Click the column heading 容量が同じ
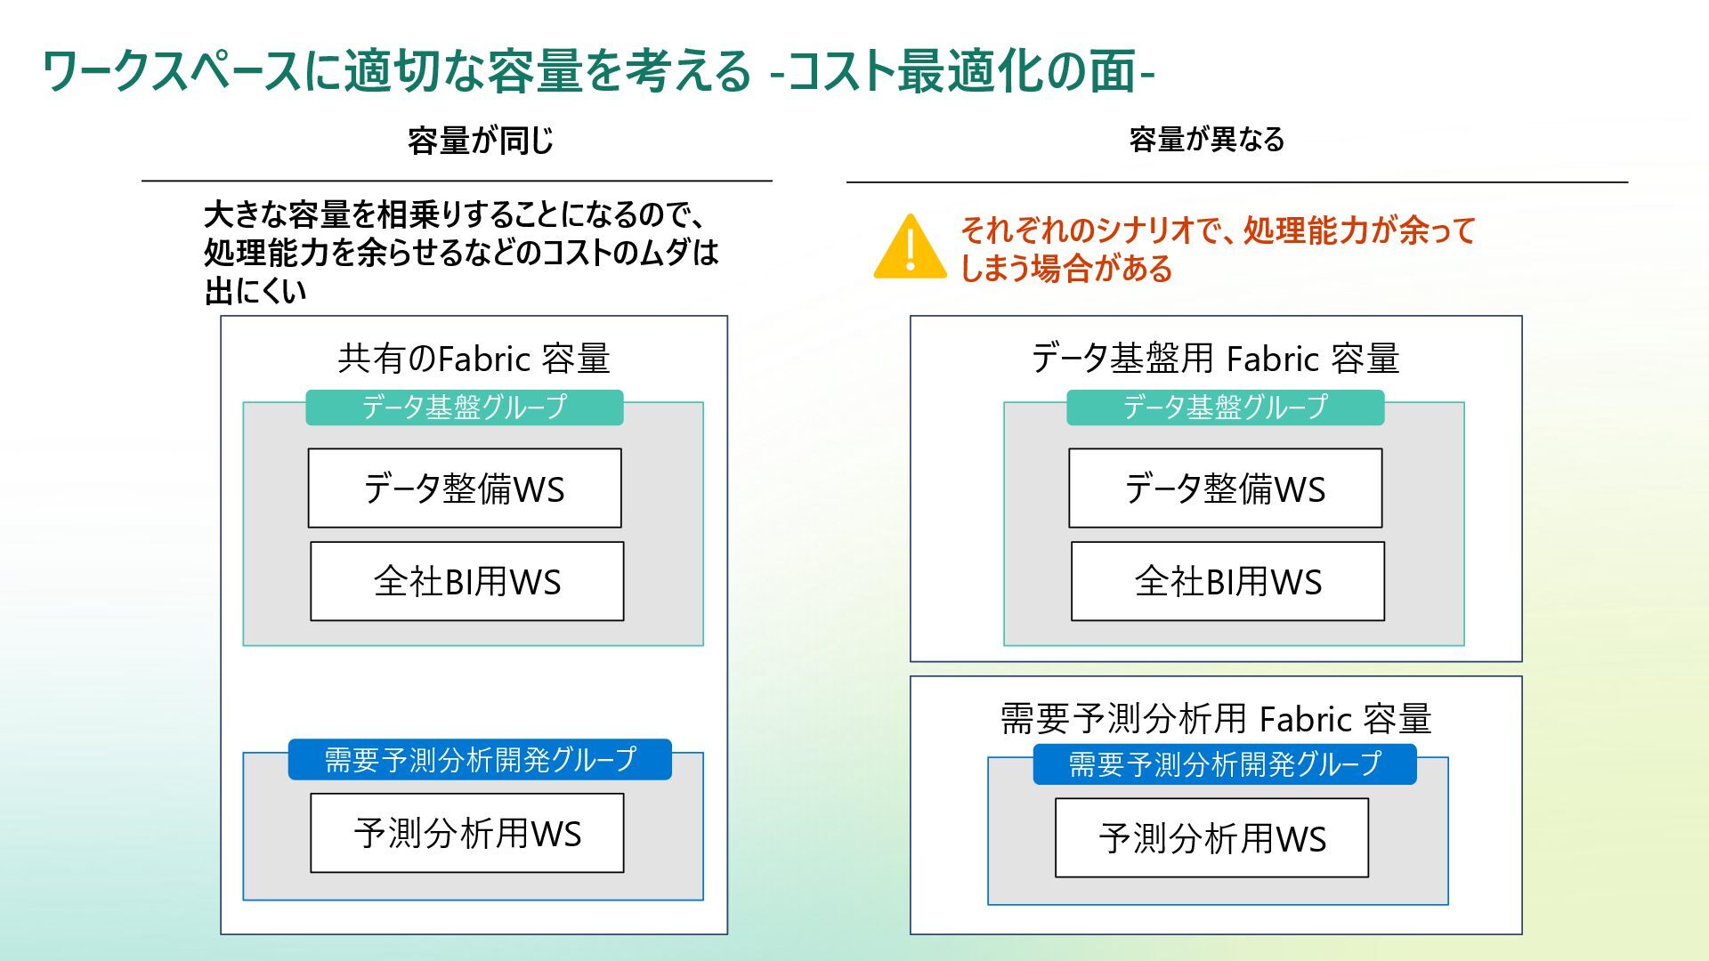pyautogui.click(x=481, y=141)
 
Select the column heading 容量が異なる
pyautogui.click(x=1207, y=140)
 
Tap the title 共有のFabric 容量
pyautogui.click(x=474, y=359)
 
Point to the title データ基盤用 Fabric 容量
pyautogui.click(x=1215, y=359)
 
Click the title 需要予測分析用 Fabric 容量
pyautogui.click(x=1215, y=718)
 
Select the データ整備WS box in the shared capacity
pyautogui.click(x=465, y=489)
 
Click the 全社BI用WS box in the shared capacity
pyautogui.click(x=466, y=581)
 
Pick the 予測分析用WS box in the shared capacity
pyautogui.click(x=466, y=834)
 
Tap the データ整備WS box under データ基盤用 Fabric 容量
pyautogui.click(x=1225, y=489)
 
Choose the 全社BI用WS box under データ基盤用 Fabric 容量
pyautogui.click(x=1227, y=581)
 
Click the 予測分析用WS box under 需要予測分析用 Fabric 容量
pyautogui.click(x=1211, y=838)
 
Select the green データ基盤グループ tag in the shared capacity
pyautogui.click(x=464, y=408)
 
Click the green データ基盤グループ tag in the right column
pyautogui.click(x=1225, y=408)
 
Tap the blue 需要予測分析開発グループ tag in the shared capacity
pyautogui.click(x=480, y=760)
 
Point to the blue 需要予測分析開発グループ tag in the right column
pyautogui.click(x=1224, y=764)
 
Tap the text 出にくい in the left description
pyautogui.click(x=255, y=291)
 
